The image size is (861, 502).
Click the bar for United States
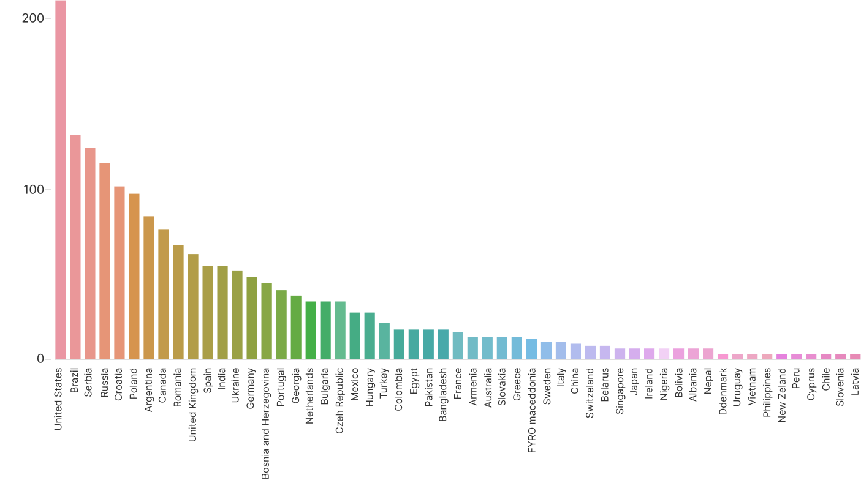[60, 184]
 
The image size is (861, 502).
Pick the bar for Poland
[134, 276]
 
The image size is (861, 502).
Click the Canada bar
[164, 294]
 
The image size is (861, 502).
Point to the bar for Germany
[252, 318]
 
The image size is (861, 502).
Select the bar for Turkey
[384, 340]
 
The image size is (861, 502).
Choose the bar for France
[458, 345]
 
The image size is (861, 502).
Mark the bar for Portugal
[281, 324]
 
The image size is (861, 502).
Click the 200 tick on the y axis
[33, 18]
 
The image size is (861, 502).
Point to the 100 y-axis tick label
[34, 190]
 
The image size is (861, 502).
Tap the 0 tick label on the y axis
[40, 359]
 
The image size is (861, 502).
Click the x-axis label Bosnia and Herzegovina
[266, 422]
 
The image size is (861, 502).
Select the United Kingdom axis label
[192, 404]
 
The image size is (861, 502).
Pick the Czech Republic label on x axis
[339, 400]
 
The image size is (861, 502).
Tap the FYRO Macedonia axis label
[531, 410]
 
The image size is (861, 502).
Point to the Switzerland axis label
[590, 392]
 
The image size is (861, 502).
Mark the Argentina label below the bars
[148, 389]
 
